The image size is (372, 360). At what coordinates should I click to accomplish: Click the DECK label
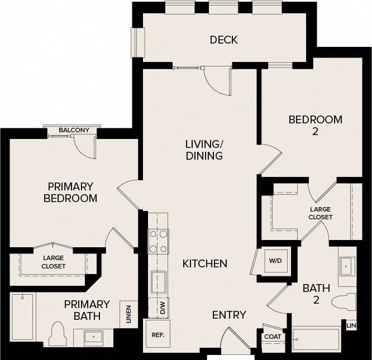pyautogui.click(x=223, y=40)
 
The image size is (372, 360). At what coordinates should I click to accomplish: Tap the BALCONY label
pyautogui.click(x=74, y=131)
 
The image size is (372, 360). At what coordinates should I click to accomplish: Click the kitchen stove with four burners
pyautogui.click(x=158, y=241)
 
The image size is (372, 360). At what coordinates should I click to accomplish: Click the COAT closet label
pyautogui.click(x=273, y=337)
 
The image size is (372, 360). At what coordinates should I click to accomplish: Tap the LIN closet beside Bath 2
pyautogui.click(x=351, y=325)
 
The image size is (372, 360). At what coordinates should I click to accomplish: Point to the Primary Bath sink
pyautogui.click(x=93, y=337)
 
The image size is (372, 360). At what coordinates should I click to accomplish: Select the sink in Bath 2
pyautogui.click(x=346, y=267)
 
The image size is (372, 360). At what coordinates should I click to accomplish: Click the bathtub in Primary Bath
pyautogui.click(x=22, y=317)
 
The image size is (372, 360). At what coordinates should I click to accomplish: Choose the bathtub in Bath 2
pyautogui.click(x=316, y=339)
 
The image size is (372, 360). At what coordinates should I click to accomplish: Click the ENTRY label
pyautogui.click(x=229, y=315)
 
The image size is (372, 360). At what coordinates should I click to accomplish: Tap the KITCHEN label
pyautogui.click(x=205, y=263)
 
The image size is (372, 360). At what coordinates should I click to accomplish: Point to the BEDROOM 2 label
pyautogui.click(x=315, y=125)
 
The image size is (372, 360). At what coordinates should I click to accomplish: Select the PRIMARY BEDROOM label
pyautogui.click(x=71, y=192)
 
